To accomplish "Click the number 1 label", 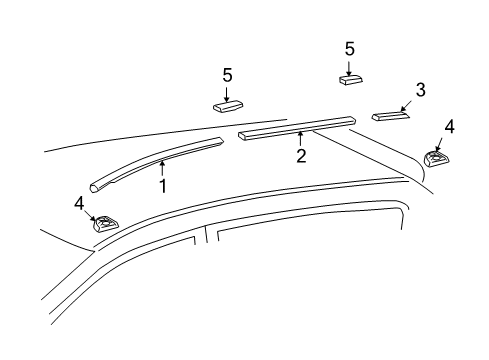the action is [x=162, y=186].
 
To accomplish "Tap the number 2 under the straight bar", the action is [x=299, y=155].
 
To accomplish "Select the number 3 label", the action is [x=421, y=90].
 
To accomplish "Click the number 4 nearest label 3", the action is [x=450, y=127].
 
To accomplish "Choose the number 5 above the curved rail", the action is [x=227, y=75].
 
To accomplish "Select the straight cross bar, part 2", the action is [x=297, y=125].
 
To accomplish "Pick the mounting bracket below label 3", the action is [x=436, y=159].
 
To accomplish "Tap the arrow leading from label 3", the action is [x=405, y=106].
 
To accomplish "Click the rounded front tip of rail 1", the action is [x=94, y=185].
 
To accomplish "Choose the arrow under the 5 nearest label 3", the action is [x=350, y=66].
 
